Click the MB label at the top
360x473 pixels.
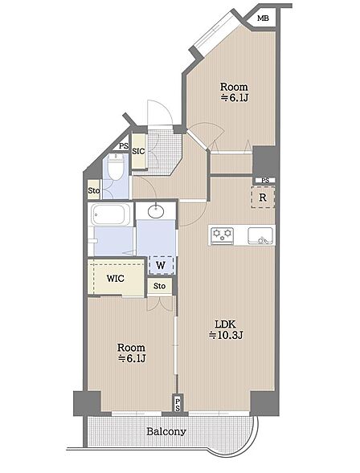pos(263,18)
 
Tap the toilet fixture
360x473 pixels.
pos(115,167)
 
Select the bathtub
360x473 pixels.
pos(110,214)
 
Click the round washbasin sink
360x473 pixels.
pos(156,211)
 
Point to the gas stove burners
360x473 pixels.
pos(223,234)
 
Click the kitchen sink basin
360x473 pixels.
pos(260,235)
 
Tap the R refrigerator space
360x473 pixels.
pos(263,198)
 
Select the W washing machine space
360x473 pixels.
pos(162,265)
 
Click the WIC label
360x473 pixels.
pos(116,278)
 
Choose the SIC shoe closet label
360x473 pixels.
pos(138,152)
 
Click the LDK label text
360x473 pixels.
pos(225,324)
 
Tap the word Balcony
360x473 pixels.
pos(166,431)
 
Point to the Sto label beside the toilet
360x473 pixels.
pos(94,190)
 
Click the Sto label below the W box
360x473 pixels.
pos(159,286)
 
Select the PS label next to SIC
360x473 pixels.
pos(124,146)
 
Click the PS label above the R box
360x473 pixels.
pos(265,181)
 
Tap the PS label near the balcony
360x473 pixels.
pos(178,404)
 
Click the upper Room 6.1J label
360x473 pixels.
pos(234,92)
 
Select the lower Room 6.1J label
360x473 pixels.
pos(132,353)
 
